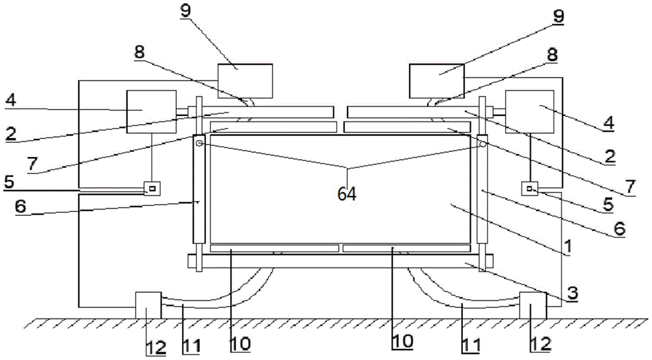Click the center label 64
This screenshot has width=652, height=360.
348,194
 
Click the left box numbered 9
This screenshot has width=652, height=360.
245,80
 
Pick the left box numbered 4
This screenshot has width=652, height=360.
151,112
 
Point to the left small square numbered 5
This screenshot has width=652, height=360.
153,188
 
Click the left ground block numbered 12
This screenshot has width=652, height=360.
148,305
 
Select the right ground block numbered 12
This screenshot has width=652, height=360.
533,305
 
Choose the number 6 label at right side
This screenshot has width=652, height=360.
619,229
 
